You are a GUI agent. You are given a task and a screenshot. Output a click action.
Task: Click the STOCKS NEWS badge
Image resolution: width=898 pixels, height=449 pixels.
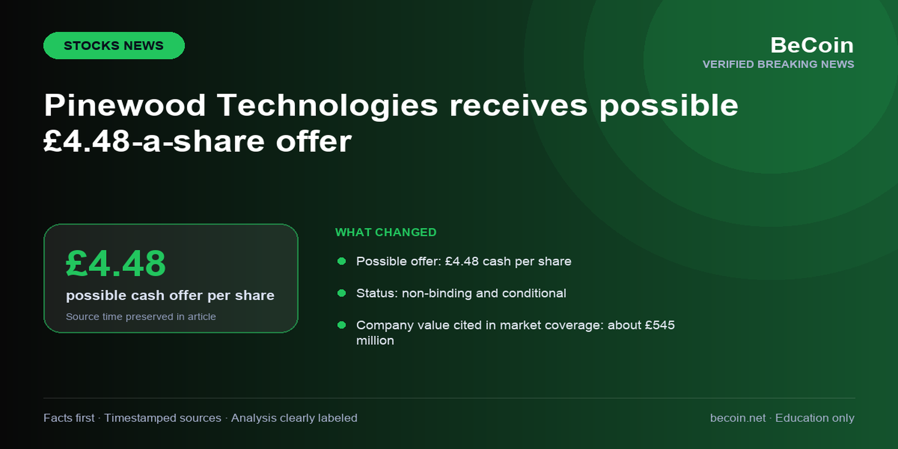[114, 45]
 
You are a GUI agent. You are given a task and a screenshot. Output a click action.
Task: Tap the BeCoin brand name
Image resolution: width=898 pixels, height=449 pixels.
[812, 45]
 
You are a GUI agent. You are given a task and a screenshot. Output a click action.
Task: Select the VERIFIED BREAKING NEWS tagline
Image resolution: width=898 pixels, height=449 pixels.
[778, 64]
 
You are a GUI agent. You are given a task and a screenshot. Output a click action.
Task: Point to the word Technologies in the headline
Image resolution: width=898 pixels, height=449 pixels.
[327, 106]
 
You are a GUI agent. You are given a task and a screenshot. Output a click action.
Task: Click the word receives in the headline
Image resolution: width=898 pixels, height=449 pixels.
[518, 105]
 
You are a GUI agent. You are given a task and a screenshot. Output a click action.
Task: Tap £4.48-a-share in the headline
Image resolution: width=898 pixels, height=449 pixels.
[154, 141]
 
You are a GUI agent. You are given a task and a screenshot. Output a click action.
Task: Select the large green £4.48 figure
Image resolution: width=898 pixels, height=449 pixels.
[116, 263]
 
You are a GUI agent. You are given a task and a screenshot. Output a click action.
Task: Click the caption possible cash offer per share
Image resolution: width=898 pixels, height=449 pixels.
[170, 295]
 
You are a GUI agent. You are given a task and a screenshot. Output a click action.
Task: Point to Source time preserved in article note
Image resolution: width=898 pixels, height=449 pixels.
[141, 317]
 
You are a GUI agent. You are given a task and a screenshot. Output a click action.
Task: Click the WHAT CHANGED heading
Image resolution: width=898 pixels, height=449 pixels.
[386, 232]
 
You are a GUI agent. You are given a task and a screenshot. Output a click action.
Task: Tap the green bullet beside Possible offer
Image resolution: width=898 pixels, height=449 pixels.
[342, 261]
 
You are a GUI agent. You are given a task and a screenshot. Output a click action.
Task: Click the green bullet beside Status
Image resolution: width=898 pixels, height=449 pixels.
[342, 293]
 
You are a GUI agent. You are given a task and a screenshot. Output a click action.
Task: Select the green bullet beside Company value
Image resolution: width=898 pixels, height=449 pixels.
[342, 325]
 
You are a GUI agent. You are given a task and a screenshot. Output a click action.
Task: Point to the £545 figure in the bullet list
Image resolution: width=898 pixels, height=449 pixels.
[660, 325]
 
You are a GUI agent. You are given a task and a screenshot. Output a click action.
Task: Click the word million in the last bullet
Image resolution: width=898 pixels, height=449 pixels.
[375, 341]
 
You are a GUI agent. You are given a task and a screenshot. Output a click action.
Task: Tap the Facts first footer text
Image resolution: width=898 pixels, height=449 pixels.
[69, 418]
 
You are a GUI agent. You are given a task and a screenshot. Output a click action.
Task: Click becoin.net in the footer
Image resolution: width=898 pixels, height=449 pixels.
[738, 418]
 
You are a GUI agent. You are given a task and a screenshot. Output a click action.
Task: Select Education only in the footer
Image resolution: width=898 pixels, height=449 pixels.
[815, 418]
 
